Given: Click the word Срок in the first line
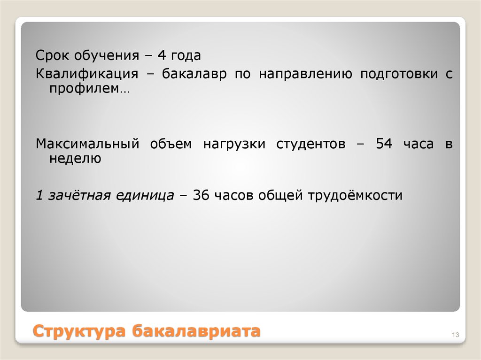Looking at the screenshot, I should [x=51, y=56].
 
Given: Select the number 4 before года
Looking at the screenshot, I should [x=162, y=56].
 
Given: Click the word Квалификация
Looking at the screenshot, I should [x=87, y=75].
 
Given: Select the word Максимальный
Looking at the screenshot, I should [x=87, y=144].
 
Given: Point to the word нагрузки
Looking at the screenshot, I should [x=234, y=144].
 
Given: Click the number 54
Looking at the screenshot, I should [x=384, y=144].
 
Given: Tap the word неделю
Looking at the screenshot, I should [x=75, y=159].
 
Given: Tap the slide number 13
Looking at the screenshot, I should [x=455, y=335].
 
